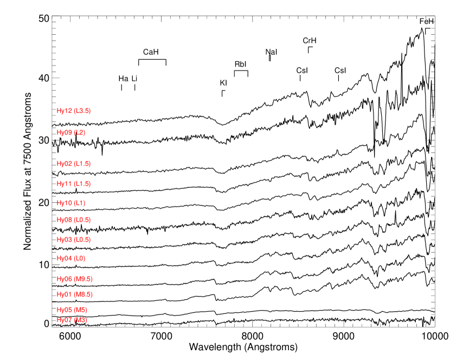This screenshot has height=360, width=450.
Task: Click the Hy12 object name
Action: click(x=65, y=111)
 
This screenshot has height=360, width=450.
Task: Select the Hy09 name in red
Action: click(x=65, y=133)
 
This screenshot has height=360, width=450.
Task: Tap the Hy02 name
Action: click(x=65, y=164)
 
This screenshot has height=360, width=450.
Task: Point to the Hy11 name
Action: click(x=65, y=184)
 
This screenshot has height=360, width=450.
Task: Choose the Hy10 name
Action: click(x=65, y=203)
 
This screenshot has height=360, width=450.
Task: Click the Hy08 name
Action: click(x=65, y=220)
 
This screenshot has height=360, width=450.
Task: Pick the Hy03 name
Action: click(x=65, y=240)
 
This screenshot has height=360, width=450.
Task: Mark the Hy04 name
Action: click(x=65, y=259)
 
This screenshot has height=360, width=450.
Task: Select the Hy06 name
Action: click(x=65, y=279)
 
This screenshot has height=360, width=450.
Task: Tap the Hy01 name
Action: click(x=65, y=294)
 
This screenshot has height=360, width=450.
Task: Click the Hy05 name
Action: click(x=65, y=310)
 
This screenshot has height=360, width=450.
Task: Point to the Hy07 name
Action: click(x=65, y=320)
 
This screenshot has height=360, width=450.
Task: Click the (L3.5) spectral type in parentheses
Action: click(x=82, y=111)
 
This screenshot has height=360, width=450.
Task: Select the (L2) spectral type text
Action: click(x=80, y=133)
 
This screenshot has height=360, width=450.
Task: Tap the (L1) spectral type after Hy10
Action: click(x=80, y=203)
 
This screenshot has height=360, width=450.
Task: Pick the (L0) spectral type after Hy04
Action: click(x=80, y=259)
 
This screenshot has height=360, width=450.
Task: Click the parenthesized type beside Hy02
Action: click(x=82, y=164)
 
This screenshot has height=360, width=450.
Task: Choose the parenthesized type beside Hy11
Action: click(x=82, y=184)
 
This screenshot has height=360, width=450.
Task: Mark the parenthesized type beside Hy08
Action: click(x=82, y=220)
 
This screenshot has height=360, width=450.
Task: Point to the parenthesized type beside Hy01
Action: click(x=83, y=294)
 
